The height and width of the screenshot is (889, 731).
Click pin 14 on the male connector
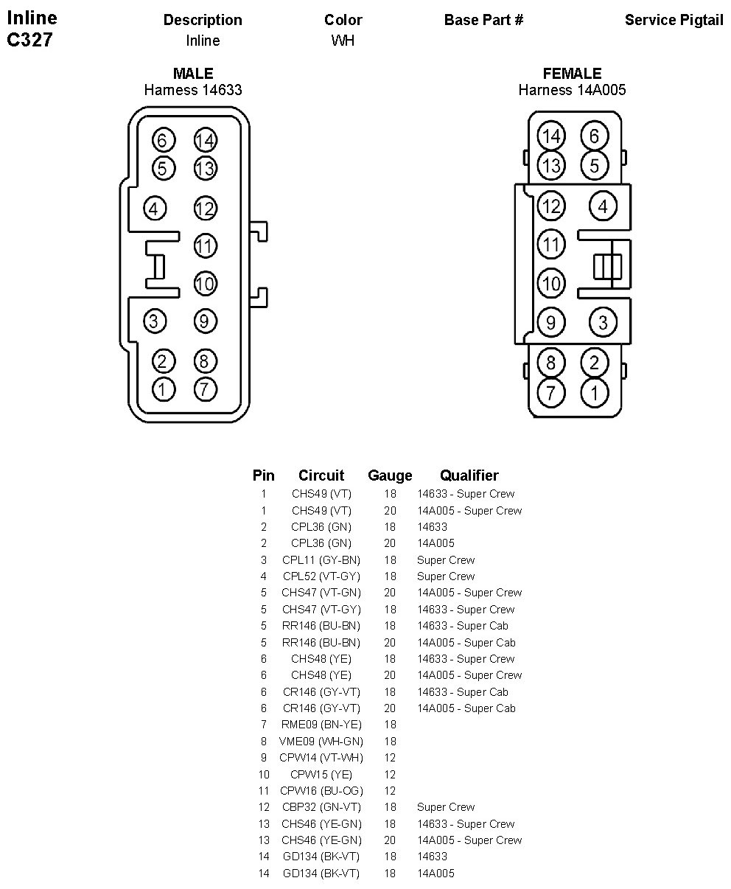pyautogui.click(x=205, y=140)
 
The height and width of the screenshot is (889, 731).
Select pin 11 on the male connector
pyautogui.click(x=205, y=245)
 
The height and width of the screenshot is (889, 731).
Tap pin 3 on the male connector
pyautogui.click(x=153, y=321)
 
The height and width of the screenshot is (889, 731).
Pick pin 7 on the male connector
pyautogui.click(x=205, y=389)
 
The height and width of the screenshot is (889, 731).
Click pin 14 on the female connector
pyautogui.click(x=550, y=136)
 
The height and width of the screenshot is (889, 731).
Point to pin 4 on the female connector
pyautogui.click(x=603, y=206)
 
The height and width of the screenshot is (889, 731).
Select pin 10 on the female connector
pyautogui.click(x=550, y=283)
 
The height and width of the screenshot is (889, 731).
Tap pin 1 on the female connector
pyautogui.click(x=595, y=392)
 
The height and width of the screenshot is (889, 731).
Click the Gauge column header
pyautogui.click(x=390, y=475)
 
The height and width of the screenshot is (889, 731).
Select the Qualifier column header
pyautogui.click(x=469, y=475)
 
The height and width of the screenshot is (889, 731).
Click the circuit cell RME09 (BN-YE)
pyautogui.click(x=321, y=725)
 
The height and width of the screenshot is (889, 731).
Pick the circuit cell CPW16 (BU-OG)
pyautogui.click(x=321, y=791)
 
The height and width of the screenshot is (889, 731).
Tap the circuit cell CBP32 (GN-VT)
pyautogui.click(x=321, y=807)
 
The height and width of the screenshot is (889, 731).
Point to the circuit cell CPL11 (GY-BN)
pyautogui.click(x=321, y=560)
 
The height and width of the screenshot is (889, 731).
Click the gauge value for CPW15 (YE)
pyautogui.click(x=390, y=775)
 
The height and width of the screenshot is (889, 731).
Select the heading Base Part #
pyautogui.click(x=483, y=20)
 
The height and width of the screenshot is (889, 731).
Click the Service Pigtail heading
pyautogui.click(x=674, y=20)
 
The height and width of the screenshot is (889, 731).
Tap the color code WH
pyautogui.click(x=343, y=41)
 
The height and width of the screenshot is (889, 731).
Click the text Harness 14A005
pyautogui.click(x=572, y=90)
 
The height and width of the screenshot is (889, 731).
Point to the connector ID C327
pyautogui.click(x=29, y=41)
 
